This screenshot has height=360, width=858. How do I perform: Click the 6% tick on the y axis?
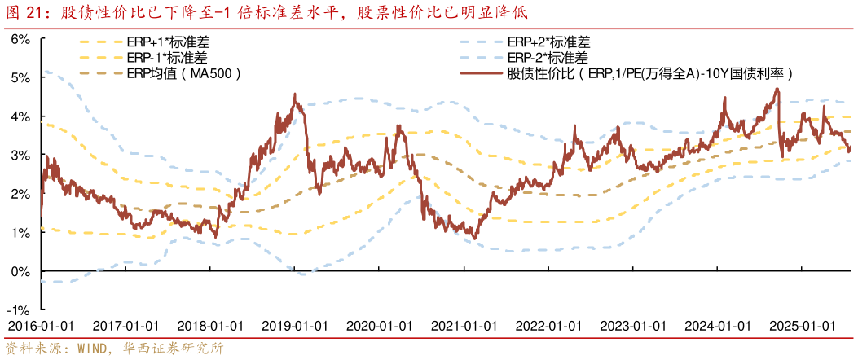20,38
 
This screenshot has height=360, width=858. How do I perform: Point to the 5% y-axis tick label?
20,77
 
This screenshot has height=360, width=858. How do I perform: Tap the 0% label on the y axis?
20,271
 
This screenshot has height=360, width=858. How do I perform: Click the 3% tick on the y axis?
20,155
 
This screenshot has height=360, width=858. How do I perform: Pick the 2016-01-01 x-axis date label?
41,325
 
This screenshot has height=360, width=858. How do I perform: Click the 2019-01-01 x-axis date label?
294,325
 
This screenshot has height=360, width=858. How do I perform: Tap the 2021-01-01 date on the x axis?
464,325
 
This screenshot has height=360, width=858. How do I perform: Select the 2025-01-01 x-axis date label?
803,325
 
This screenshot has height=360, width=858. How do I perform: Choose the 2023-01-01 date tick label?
633,325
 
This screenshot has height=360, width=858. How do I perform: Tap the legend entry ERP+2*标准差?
548,42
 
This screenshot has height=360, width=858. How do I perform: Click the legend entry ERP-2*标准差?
548,58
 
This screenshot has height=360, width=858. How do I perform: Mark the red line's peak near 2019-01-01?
293,95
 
